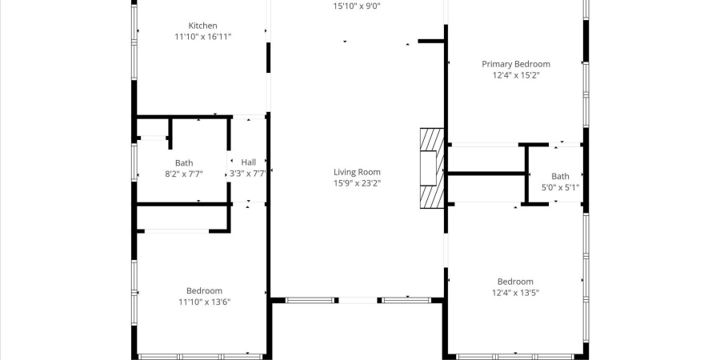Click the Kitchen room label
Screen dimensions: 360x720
coord(202,26)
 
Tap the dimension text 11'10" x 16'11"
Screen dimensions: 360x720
coord(202,37)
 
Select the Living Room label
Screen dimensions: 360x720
coord(357,172)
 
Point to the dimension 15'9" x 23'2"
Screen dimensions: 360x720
coord(357,183)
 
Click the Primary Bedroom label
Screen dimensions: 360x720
coord(515,64)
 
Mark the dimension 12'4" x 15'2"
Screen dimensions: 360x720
coord(515,75)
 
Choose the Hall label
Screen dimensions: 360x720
coord(249,162)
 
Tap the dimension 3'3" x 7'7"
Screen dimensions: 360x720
coord(248,173)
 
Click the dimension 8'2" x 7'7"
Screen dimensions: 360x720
coord(184,173)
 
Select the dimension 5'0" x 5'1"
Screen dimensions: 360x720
coord(560,188)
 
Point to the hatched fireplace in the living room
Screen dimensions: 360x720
coord(432,168)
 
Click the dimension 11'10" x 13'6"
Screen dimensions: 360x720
coord(204,302)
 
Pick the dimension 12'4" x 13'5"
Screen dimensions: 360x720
coord(515,293)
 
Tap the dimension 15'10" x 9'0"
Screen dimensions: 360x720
coord(357,6)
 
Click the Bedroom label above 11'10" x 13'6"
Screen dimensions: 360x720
coord(204,290)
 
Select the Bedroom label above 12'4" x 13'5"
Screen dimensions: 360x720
coord(515,282)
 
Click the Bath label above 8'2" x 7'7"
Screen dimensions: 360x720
coord(184,162)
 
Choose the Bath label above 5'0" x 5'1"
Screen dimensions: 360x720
coord(560,177)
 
